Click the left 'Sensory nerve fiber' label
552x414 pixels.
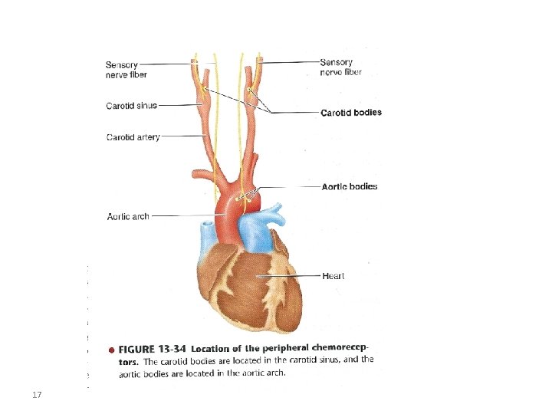[127, 69]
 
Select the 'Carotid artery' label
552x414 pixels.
[133, 137]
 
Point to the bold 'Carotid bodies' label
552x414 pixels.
[350, 113]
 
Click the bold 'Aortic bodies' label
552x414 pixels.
[349, 186]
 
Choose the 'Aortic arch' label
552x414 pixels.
[128, 216]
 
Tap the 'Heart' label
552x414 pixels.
[333, 276]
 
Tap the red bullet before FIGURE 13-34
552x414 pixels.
[112, 350]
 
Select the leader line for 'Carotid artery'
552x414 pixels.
[184, 137]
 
